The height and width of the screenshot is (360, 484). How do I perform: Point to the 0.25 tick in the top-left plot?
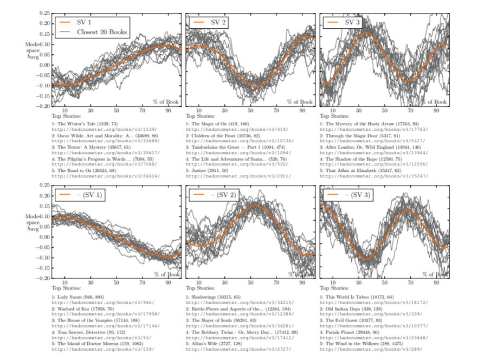[44, 12]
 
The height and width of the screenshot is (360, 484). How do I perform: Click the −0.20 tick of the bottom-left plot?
[43, 278]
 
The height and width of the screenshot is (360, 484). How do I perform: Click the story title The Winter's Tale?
[81, 125]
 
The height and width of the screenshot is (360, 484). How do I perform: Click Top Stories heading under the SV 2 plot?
[199, 115]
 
